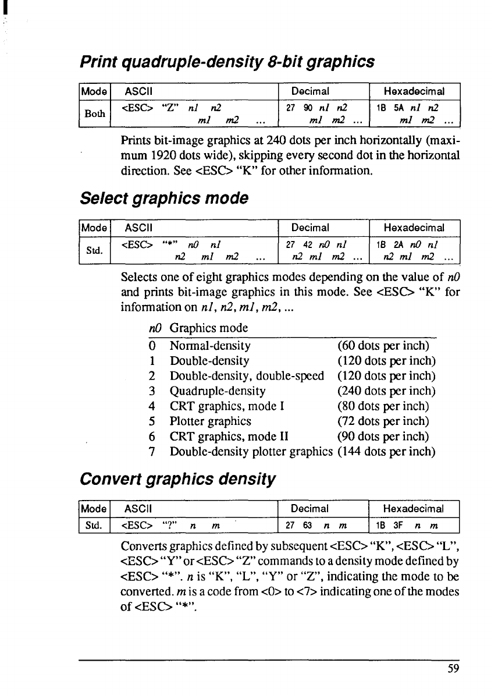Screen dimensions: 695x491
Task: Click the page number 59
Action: [x=454, y=668]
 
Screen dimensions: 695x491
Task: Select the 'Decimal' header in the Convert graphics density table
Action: [x=310, y=509]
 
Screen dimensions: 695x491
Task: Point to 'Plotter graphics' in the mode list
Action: [x=210, y=421]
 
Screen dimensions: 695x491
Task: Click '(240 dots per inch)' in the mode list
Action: [x=386, y=391]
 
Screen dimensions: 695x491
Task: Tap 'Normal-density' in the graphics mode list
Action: [x=209, y=346]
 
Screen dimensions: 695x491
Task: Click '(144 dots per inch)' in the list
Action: [x=386, y=451]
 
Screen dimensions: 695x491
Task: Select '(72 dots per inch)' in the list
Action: [x=383, y=421]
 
